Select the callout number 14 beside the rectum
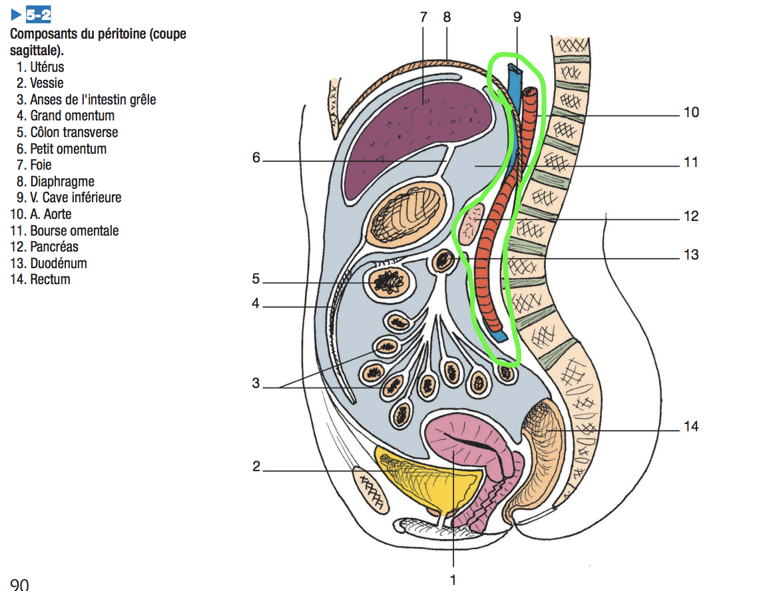(x=691, y=426)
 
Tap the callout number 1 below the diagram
(x=453, y=580)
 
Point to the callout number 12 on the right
(x=691, y=216)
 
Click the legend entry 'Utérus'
(x=47, y=67)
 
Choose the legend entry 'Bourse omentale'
(x=74, y=231)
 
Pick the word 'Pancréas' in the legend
(x=54, y=247)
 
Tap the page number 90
(x=19, y=584)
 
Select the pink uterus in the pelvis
(x=459, y=443)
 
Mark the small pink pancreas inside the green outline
(x=471, y=224)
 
